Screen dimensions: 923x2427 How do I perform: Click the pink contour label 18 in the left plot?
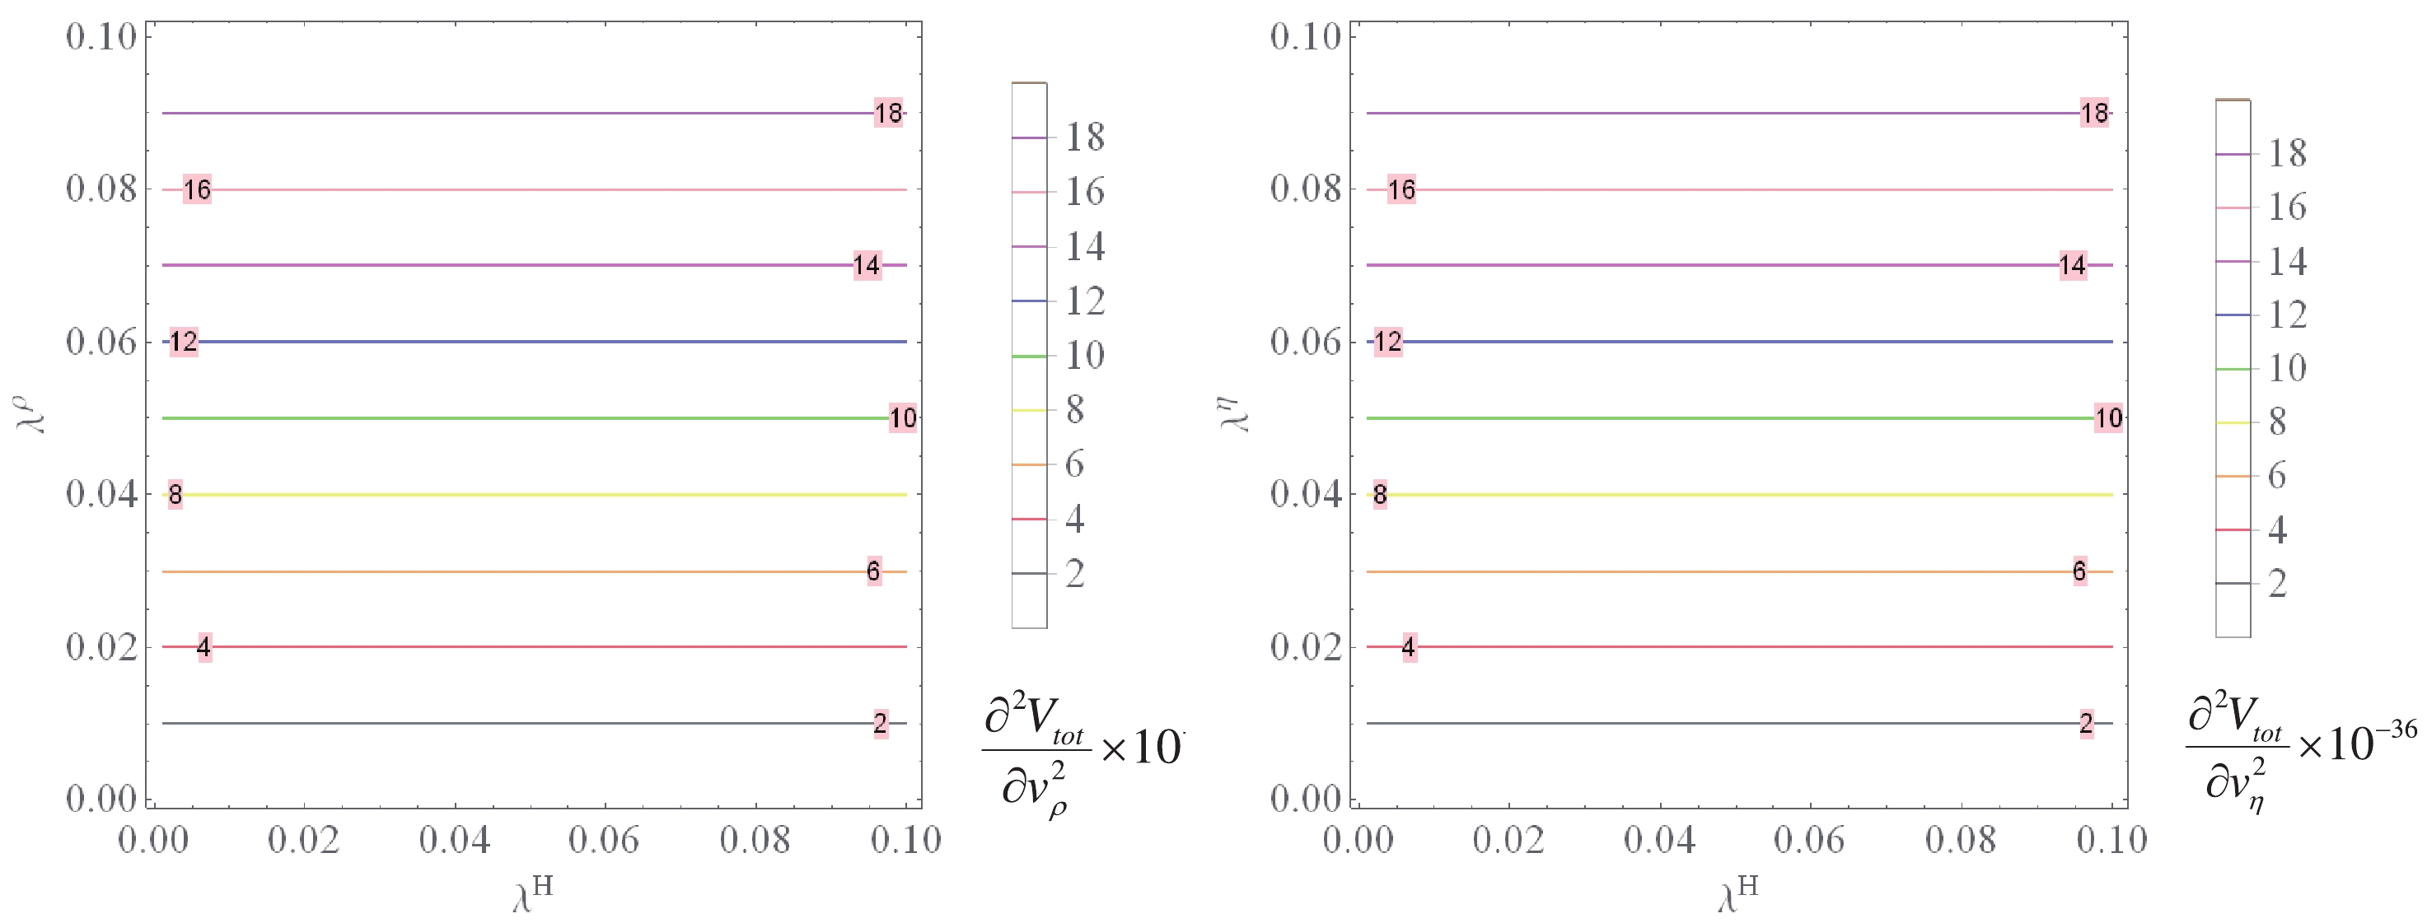tap(888, 113)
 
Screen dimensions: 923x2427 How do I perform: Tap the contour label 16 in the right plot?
tap(1401, 189)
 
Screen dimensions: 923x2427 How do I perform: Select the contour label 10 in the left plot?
tap(903, 418)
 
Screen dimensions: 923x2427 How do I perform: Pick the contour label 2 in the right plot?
tap(2086, 723)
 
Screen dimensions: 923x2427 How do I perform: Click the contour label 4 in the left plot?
tap(203, 647)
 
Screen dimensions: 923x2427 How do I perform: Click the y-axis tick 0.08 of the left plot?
tap(101, 189)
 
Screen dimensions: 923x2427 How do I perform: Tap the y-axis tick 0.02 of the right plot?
tap(1306, 647)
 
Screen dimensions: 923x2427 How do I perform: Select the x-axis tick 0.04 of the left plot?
tap(454, 839)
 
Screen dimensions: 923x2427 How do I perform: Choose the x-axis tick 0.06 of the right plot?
tap(1809, 839)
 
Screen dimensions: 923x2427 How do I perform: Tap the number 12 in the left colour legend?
tap(1085, 301)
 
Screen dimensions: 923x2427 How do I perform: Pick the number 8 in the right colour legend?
tap(2276, 421)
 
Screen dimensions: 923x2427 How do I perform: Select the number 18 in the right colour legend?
tap(2287, 152)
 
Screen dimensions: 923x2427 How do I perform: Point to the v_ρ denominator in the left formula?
tap(1034, 788)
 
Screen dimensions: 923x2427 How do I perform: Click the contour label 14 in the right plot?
tap(2072, 266)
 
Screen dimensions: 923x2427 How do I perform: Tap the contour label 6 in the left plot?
tap(873, 571)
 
